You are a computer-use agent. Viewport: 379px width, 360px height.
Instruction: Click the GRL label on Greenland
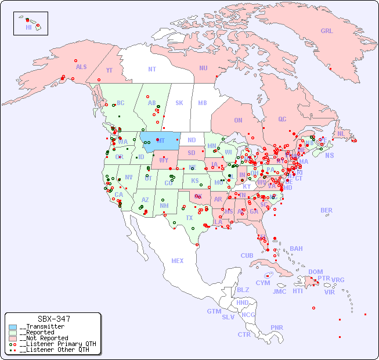[327, 31]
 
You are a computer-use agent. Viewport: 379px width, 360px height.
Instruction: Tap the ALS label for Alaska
[81, 67]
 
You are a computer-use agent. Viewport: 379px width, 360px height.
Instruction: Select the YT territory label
[109, 70]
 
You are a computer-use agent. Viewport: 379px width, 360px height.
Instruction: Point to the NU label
[203, 68]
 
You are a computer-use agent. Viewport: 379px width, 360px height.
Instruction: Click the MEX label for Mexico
[178, 261]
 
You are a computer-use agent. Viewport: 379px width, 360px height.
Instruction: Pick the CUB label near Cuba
[247, 255]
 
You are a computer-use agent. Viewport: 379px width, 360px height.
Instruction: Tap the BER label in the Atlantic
[327, 210]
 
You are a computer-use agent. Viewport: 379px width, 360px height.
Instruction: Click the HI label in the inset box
[28, 27]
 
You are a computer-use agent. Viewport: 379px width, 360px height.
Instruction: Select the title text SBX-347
[53, 319]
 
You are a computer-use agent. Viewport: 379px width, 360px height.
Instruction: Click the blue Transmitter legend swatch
[13, 327]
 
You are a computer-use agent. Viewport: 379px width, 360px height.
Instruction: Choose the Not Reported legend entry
[44, 338]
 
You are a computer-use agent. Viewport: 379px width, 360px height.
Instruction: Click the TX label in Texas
[189, 218]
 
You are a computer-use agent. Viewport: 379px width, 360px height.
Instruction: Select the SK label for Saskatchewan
[179, 103]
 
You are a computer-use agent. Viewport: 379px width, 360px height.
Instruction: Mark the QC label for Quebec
[282, 119]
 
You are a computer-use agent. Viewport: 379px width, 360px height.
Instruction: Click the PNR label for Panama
[277, 327]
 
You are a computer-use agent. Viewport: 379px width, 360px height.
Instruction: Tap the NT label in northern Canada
[151, 69]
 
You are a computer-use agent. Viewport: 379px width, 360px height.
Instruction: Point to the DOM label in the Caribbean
[315, 272]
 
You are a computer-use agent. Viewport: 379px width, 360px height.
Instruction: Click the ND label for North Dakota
[192, 140]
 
